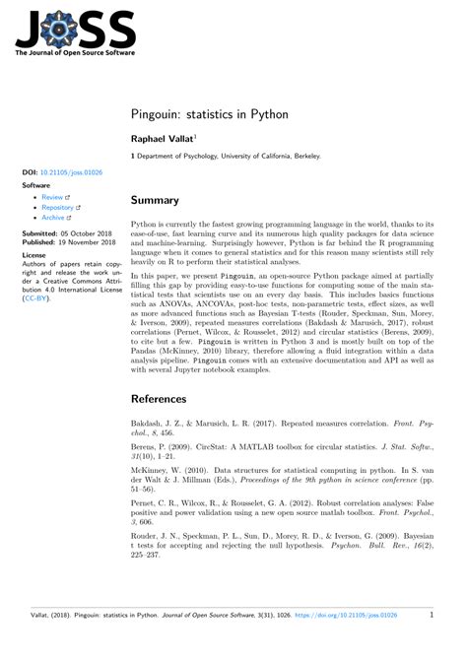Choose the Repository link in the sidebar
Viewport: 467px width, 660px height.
click(x=58, y=209)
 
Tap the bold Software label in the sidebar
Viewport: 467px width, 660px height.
click(x=36, y=184)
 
